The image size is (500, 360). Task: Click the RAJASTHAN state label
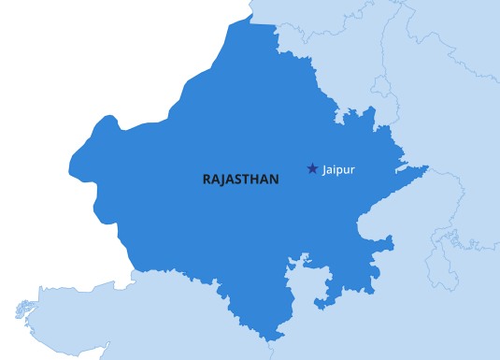click(240, 179)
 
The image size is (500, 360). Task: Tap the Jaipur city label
click(338, 169)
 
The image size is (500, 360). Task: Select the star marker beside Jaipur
click(312, 168)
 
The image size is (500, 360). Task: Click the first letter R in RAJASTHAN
click(207, 179)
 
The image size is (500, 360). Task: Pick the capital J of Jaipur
click(324, 169)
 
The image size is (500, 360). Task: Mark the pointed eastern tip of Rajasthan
click(427, 168)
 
